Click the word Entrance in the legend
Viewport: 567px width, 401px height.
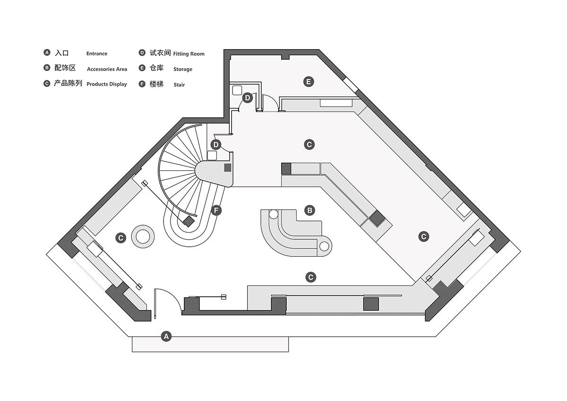[x=97, y=53]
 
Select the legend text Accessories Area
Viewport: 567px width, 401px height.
[x=107, y=69]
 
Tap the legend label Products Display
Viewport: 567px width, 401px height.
[x=107, y=84]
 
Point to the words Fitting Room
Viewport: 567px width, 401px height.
[x=189, y=54]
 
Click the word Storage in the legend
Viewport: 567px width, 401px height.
[x=183, y=69]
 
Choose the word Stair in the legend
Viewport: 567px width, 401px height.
[x=179, y=85]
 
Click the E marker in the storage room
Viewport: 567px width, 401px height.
[x=309, y=81]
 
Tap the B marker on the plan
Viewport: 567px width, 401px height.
[x=309, y=210]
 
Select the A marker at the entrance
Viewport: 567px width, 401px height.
[x=166, y=336]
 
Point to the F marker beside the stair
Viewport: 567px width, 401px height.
[x=216, y=210]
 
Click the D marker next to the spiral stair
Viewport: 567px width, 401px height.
[x=216, y=145]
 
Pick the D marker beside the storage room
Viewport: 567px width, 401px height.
[x=247, y=98]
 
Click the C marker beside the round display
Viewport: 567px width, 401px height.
[x=121, y=238]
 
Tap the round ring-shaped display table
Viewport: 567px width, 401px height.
[x=143, y=236]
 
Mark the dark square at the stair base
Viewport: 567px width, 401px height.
[x=189, y=221]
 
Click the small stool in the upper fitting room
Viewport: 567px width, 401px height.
[x=237, y=90]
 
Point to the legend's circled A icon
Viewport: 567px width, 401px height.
[x=47, y=52]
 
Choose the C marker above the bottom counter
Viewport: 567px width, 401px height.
[x=311, y=277]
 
